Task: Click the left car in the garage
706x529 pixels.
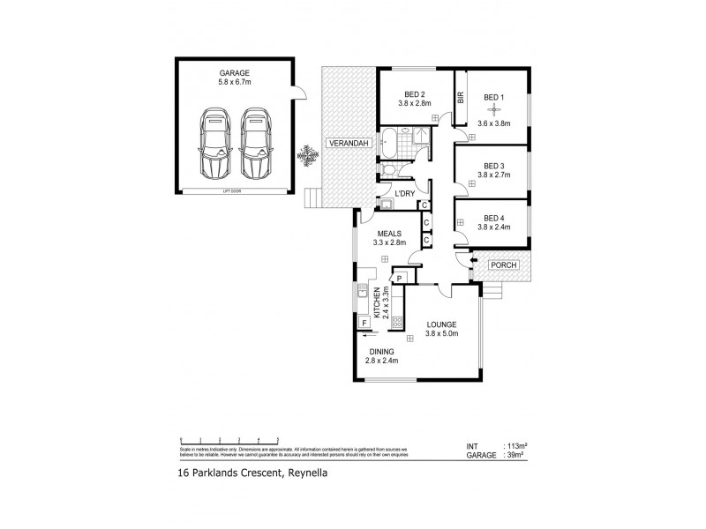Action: click(215, 144)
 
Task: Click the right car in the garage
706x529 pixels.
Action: click(256, 144)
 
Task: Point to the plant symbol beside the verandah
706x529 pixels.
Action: click(307, 155)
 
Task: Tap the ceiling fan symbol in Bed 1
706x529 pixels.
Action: click(494, 110)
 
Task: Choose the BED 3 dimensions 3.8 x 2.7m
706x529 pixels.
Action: click(493, 175)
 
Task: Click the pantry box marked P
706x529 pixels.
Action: click(399, 279)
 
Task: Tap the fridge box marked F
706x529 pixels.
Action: click(364, 323)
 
